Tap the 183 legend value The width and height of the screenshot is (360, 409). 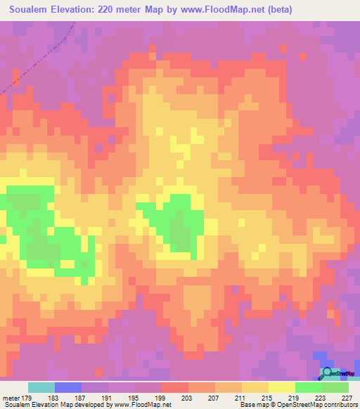pyautogui.click(x=54, y=398)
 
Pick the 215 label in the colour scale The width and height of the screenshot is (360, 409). pyautogui.click(x=268, y=398)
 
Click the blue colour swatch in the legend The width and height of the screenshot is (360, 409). pyautogui.click(x=67, y=387)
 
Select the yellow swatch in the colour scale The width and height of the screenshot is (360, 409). pyautogui.click(x=281, y=387)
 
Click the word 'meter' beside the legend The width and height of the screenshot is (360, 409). pyautogui.click(x=11, y=398)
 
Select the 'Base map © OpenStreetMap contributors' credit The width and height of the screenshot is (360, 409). pyautogui.click(x=298, y=405)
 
